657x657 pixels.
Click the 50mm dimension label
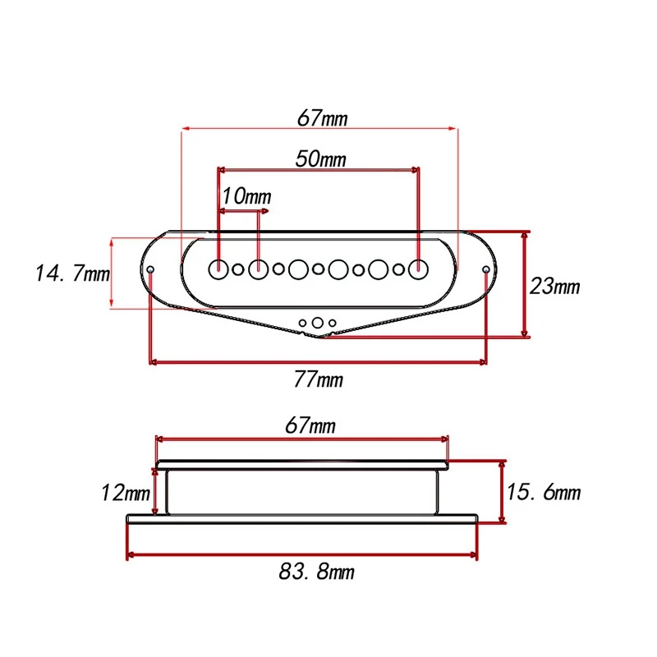320,159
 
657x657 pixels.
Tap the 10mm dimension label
247,196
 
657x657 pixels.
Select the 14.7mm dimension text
72,273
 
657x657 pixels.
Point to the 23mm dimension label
554,287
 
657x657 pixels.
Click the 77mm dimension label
318,379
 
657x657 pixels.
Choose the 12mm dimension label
126,492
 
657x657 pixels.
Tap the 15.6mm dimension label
544,492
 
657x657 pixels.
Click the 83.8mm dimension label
317,572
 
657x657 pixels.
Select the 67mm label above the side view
310,425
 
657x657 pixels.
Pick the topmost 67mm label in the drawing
322,118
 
